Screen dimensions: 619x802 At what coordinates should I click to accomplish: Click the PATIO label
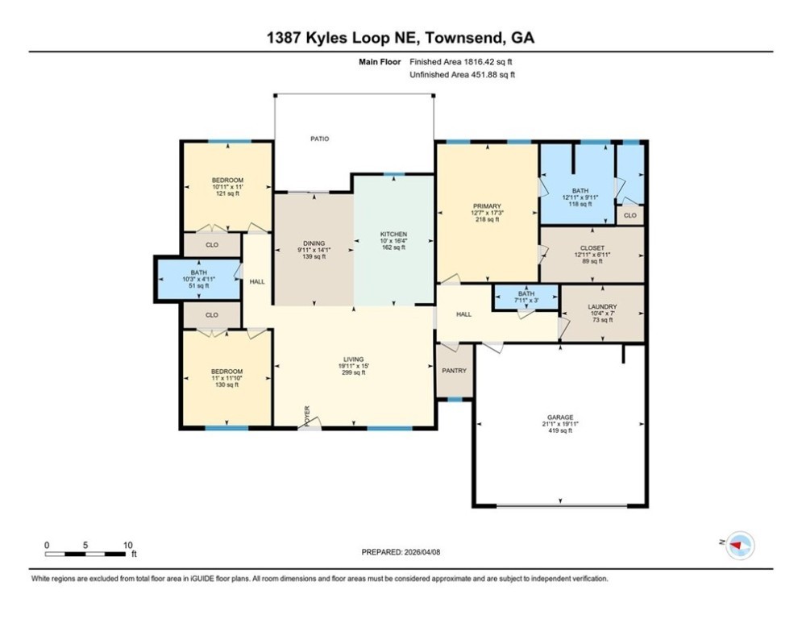(x=320, y=139)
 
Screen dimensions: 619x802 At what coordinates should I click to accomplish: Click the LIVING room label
(x=352, y=359)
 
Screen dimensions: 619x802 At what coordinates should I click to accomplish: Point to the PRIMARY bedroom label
(x=487, y=206)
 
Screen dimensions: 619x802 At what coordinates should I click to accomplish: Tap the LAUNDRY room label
(x=602, y=307)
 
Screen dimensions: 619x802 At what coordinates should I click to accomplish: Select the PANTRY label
(x=455, y=370)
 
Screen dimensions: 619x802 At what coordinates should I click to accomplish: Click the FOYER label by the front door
(x=307, y=414)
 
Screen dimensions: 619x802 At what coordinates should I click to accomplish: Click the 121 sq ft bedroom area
(x=227, y=194)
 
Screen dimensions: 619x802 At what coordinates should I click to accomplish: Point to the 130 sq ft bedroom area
(x=226, y=384)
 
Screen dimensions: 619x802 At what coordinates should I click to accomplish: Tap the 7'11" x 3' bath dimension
(x=526, y=301)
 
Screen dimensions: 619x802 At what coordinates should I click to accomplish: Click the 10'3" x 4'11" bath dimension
(x=198, y=279)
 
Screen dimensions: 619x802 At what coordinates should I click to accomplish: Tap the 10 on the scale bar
(x=127, y=545)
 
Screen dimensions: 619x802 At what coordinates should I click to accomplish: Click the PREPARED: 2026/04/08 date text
(x=401, y=552)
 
